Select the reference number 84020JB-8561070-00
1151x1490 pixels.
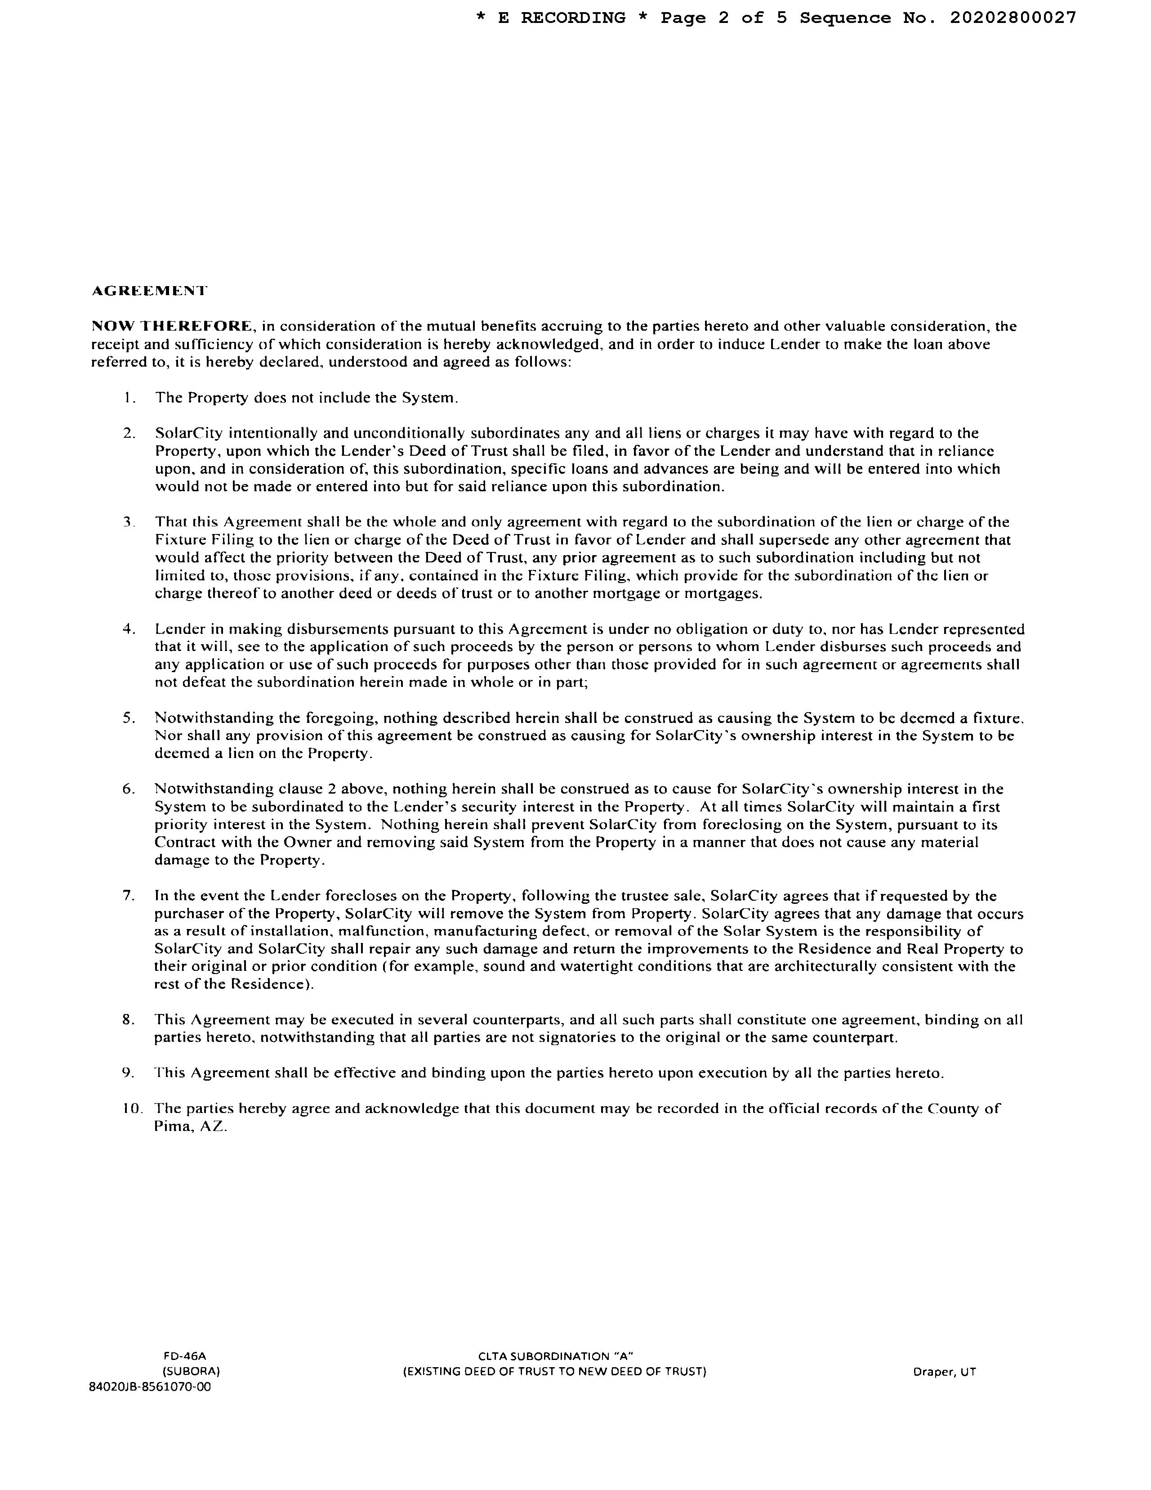click(x=150, y=1387)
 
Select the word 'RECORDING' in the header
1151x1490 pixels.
click(x=573, y=18)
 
